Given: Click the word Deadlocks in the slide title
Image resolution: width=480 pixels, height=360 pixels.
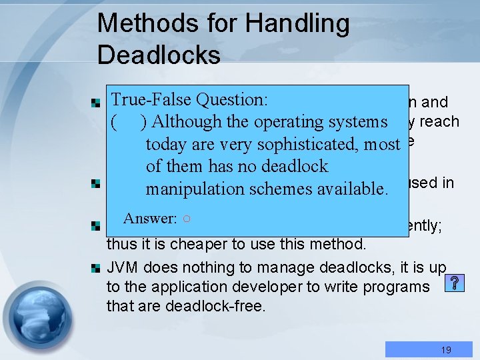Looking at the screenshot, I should (x=159, y=55).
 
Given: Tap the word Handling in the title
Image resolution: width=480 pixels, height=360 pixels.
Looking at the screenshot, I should (x=297, y=24).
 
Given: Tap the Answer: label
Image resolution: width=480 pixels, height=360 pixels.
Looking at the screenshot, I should (x=150, y=218).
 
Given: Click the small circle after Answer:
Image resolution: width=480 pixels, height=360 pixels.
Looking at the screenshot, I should (x=187, y=219).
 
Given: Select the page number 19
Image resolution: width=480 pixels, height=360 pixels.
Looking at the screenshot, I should (x=446, y=349).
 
